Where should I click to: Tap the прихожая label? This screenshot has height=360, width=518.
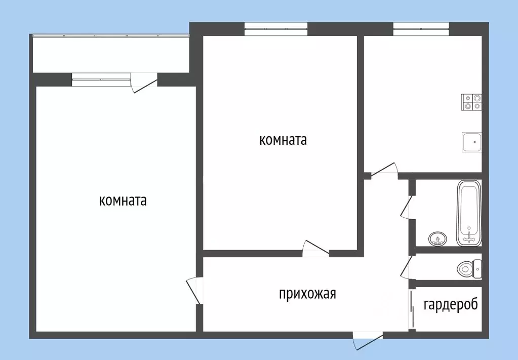click(307, 294)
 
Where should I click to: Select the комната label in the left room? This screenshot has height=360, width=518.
click(123, 201)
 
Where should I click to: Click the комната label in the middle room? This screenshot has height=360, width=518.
click(283, 140)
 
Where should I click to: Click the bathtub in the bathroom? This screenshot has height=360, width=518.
click(469, 213)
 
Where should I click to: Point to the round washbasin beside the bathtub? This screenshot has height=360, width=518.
click(437, 237)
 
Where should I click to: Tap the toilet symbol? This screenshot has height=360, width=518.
click(469, 268)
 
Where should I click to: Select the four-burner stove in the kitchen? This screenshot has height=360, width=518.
click(471, 102)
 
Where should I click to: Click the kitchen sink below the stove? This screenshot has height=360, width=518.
click(471, 142)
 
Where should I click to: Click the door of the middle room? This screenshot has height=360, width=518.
click(315, 248)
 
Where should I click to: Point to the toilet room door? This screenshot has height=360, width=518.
click(407, 267)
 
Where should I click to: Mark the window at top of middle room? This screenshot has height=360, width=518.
click(276, 29)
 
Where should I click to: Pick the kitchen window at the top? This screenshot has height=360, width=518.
click(421, 29)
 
